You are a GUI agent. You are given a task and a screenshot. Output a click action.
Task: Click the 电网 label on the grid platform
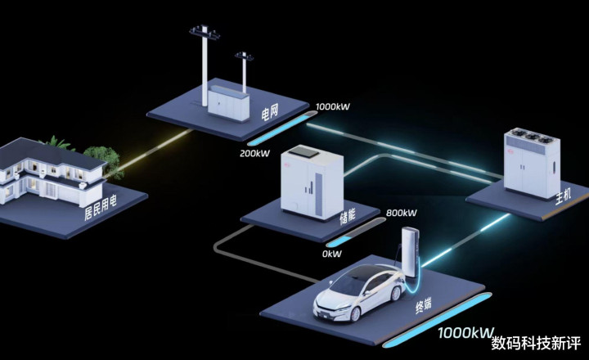tap(270, 112)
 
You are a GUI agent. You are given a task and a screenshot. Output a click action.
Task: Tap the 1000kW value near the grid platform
tap(333, 106)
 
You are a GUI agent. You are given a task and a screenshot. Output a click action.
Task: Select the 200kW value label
tap(254, 153)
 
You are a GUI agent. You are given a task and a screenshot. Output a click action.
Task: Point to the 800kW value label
tap(401, 213)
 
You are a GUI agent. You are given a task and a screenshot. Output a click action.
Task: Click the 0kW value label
tap(331, 254)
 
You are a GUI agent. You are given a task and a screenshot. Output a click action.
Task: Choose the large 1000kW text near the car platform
tap(465, 332)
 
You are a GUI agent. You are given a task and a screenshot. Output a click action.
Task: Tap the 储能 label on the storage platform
tap(348, 217)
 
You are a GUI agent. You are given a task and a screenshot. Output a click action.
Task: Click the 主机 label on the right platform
tap(563, 196)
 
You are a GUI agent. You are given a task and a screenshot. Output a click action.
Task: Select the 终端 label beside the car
tap(424, 305)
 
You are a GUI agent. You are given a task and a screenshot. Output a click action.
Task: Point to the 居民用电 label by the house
tap(101, 207)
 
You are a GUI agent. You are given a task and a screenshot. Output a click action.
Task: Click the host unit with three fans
tap(532, 163)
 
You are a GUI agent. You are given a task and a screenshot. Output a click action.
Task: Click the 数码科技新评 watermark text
tap(536, 343)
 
